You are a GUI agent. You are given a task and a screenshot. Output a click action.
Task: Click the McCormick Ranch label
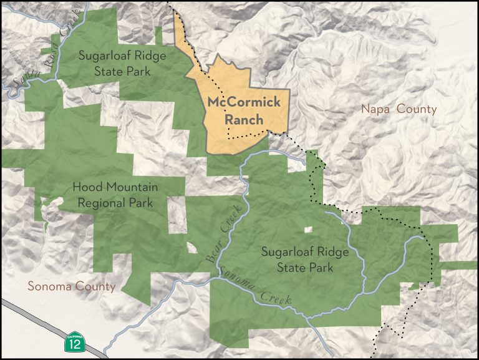[x=244, y=110]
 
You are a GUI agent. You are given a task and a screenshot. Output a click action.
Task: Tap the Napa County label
[x=399, y=109]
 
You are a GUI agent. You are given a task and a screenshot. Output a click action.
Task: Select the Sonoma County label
[x=72, y=286]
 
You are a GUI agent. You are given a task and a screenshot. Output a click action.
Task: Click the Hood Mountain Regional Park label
[x=115, y=195]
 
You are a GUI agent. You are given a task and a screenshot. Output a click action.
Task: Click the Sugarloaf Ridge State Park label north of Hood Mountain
[x=122, y=63]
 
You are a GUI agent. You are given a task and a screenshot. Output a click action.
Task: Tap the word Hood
[x=86, y=187]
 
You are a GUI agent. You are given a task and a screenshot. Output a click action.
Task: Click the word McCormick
[x=244, y=102]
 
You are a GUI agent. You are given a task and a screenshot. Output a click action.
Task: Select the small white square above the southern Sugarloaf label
[x=307, y=230]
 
